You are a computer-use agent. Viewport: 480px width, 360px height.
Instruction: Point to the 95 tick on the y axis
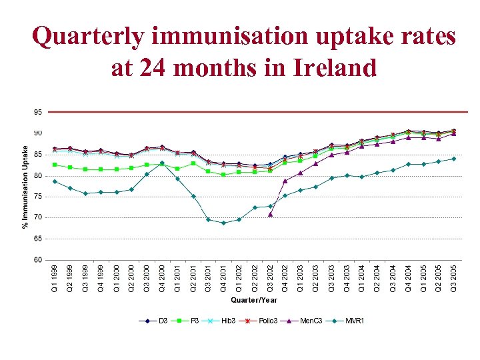click(x=38, y=113)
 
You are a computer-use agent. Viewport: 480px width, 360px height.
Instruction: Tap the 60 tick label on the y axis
click(x=38, y=260)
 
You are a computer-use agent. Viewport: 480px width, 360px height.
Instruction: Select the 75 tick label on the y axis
click(x=38, y=197)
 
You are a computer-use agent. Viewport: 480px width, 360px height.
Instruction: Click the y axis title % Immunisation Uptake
click(x=25, y=187)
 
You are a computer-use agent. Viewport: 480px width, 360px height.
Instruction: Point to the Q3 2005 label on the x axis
click(x=454, y=279)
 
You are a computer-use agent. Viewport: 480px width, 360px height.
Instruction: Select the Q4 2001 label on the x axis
click(x=224, y=279)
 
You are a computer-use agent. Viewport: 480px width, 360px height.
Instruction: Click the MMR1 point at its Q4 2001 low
click(x=223, y=223)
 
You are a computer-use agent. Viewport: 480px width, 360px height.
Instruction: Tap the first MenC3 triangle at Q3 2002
click(x=270, y=214)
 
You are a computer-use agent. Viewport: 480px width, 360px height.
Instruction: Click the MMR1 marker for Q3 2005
click(x=453, y=159)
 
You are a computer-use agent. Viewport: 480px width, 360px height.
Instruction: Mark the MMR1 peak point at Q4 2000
click(x=162, y=163)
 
